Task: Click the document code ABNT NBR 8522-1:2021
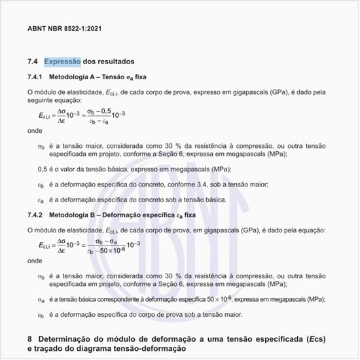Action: [63, 29]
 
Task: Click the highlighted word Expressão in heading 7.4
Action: [62, 62]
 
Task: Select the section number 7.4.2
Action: [37, 215]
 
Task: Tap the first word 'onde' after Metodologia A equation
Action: [35, 131]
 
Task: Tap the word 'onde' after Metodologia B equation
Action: [35, 261]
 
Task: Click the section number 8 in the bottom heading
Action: [30, 339]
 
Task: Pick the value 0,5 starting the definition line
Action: [42, 169]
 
